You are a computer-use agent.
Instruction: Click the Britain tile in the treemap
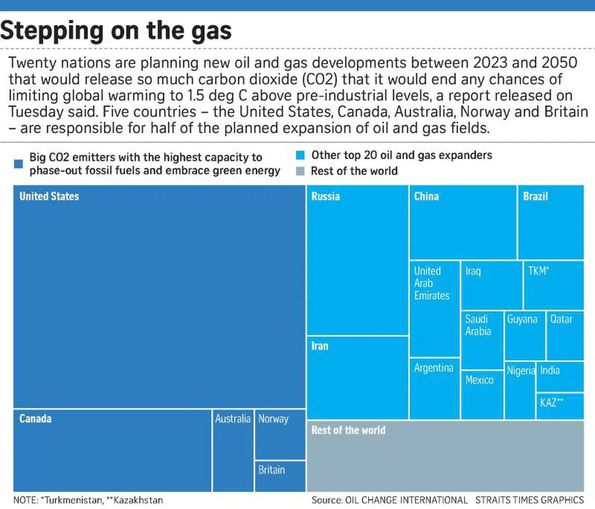(280, 476)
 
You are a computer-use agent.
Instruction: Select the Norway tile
(280, 434)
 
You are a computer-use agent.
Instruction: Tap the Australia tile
(233, 450)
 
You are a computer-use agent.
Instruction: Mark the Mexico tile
(482, 394)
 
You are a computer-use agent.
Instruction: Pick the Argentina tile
(434, 389)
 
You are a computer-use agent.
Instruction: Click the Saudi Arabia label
(478, 325)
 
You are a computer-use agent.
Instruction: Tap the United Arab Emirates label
(431, 283)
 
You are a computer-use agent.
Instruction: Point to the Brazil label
(535, 197)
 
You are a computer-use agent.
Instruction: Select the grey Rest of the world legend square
(300, 171)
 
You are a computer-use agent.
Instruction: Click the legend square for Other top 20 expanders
(300, 155)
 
